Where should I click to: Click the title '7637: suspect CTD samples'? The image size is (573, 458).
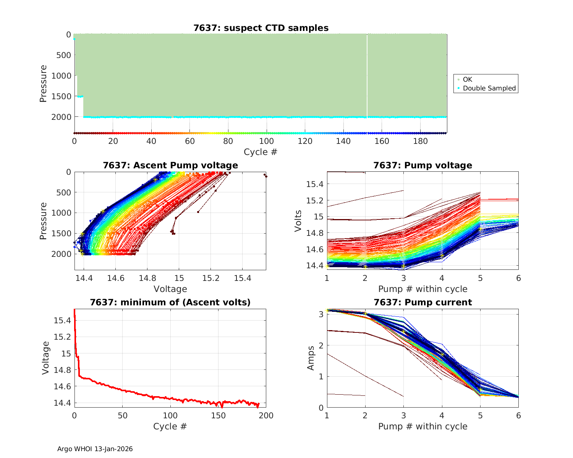tap(261, 28)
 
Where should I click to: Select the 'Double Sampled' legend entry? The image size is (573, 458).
tap(489, 88)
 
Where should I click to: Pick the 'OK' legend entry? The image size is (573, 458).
tap(467, 79)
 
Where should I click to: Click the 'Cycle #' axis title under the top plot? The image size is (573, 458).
tap(261, 152)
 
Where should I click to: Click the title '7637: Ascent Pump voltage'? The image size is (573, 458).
tap(170, 165)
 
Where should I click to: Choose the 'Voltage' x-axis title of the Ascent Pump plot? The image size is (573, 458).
tap(170, 289)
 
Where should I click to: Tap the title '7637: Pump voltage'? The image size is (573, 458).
tap(422, 165)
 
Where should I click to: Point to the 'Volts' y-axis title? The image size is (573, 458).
tap(298, 221)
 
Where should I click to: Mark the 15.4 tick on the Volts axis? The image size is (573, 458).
tap(315, 184)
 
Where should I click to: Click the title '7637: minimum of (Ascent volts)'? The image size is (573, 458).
tap(170, 302)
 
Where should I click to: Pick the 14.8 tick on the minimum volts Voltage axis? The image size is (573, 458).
tap(62, 370)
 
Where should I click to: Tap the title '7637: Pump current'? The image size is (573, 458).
tap(422, 302)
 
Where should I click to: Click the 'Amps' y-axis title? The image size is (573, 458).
tap(311, 358)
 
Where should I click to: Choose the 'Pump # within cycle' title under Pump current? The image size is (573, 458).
tap(422, 426)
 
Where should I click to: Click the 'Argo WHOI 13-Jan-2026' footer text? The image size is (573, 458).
tap(95, 449)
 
